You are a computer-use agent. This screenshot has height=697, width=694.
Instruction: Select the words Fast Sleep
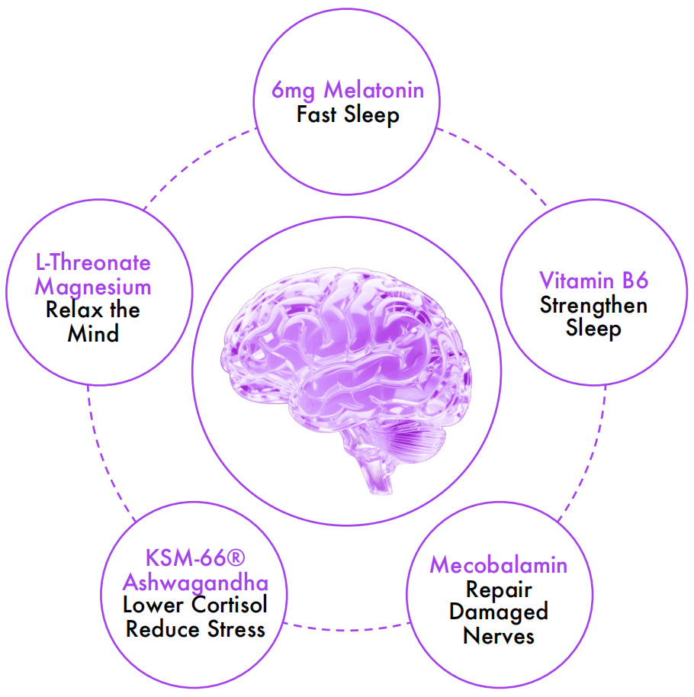(348, 115)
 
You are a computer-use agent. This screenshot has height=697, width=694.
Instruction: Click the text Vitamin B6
(593, 280)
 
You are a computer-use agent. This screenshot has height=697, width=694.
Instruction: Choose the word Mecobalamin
(499, 565)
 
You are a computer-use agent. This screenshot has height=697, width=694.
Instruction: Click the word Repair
(499, 589)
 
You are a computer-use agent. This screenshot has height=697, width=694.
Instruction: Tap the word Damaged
(499, 612)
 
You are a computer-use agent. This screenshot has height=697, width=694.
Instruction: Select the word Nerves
(499, 634)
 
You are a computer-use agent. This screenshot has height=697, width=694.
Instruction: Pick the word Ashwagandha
(195, 583)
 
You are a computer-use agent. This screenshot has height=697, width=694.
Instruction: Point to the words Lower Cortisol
(195, 606)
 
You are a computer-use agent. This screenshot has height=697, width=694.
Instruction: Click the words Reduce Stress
(195, 629)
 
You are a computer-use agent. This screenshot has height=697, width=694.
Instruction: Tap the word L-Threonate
(93, 263)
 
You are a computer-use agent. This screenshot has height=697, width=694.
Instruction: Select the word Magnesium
(93, 287)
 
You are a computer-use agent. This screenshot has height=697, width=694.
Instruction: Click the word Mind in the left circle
(93, 333)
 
